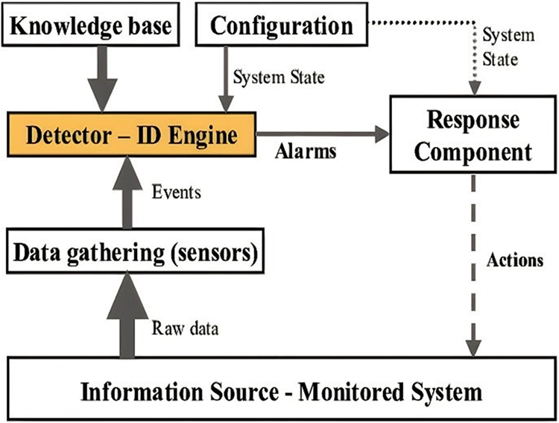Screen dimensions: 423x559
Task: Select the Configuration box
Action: tap(282, 26)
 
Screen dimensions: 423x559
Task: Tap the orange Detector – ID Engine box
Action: tap(131, 135)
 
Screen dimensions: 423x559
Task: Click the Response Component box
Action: tap(473, 136)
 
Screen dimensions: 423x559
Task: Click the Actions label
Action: tap(515, 261)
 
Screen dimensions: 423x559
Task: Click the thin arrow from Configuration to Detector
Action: tap(223, 78)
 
